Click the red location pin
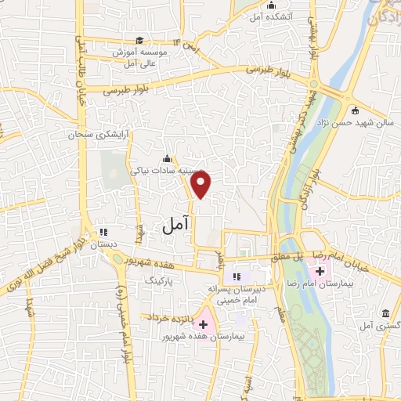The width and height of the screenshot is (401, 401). pyautogui.click(x=201, y=185)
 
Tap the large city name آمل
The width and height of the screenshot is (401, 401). pyautogui.click(x=176, y=226)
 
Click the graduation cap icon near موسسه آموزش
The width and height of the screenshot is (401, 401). pyautogui.click(x=139, y=41)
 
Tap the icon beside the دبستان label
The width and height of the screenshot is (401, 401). pyautogui.click(x=102, y=231)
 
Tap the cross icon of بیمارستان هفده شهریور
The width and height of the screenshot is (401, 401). pyautogui.click(x=203, y=323)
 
